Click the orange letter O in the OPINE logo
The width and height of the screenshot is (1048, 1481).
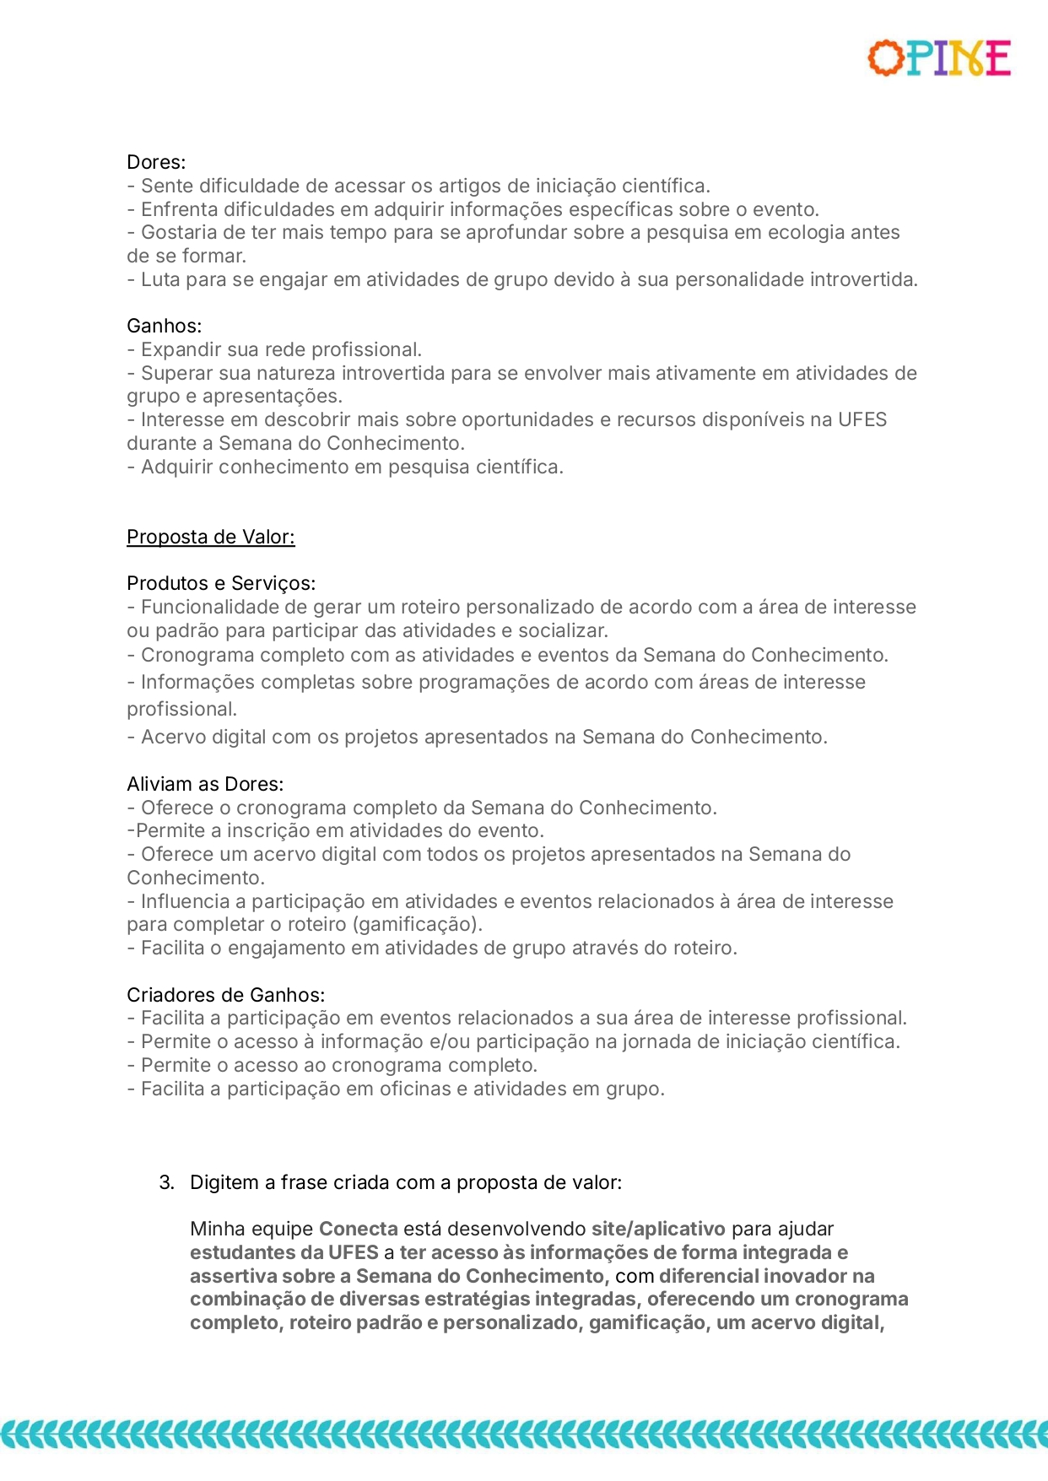885,58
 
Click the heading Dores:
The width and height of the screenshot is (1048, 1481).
156,162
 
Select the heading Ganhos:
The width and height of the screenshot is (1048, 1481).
164,326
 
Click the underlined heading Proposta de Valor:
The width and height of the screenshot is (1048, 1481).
211,537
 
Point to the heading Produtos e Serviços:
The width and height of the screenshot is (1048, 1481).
221,583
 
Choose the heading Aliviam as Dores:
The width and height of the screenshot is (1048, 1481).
205,784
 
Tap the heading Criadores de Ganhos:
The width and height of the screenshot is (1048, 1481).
225,995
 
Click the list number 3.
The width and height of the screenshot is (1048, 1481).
166,1182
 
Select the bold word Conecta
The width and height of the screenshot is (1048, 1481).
358,1229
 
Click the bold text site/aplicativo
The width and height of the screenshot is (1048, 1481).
658,1229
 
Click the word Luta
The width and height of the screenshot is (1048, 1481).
160,279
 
